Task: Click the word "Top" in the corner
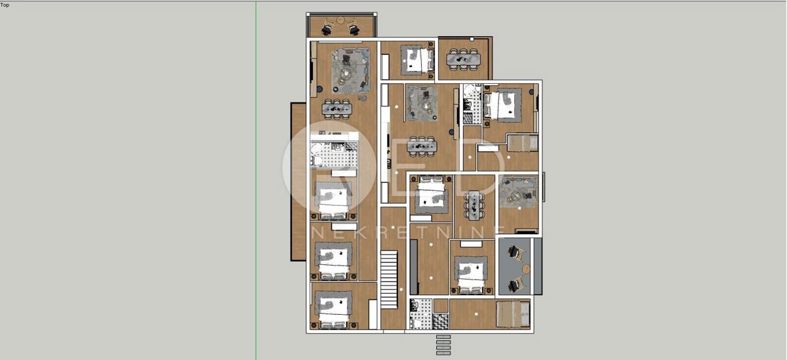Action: point(5,5)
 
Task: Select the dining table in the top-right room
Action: point(464,59)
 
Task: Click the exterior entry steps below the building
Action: point(443,344)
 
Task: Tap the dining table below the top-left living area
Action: point(336,109)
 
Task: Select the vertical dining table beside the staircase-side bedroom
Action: point(474,205)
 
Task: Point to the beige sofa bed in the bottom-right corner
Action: point(512,313)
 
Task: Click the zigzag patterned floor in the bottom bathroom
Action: point(441,321)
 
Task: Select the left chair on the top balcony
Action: point(327,27)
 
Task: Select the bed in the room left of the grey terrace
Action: point(471,275)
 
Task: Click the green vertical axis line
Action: point(256,197)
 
